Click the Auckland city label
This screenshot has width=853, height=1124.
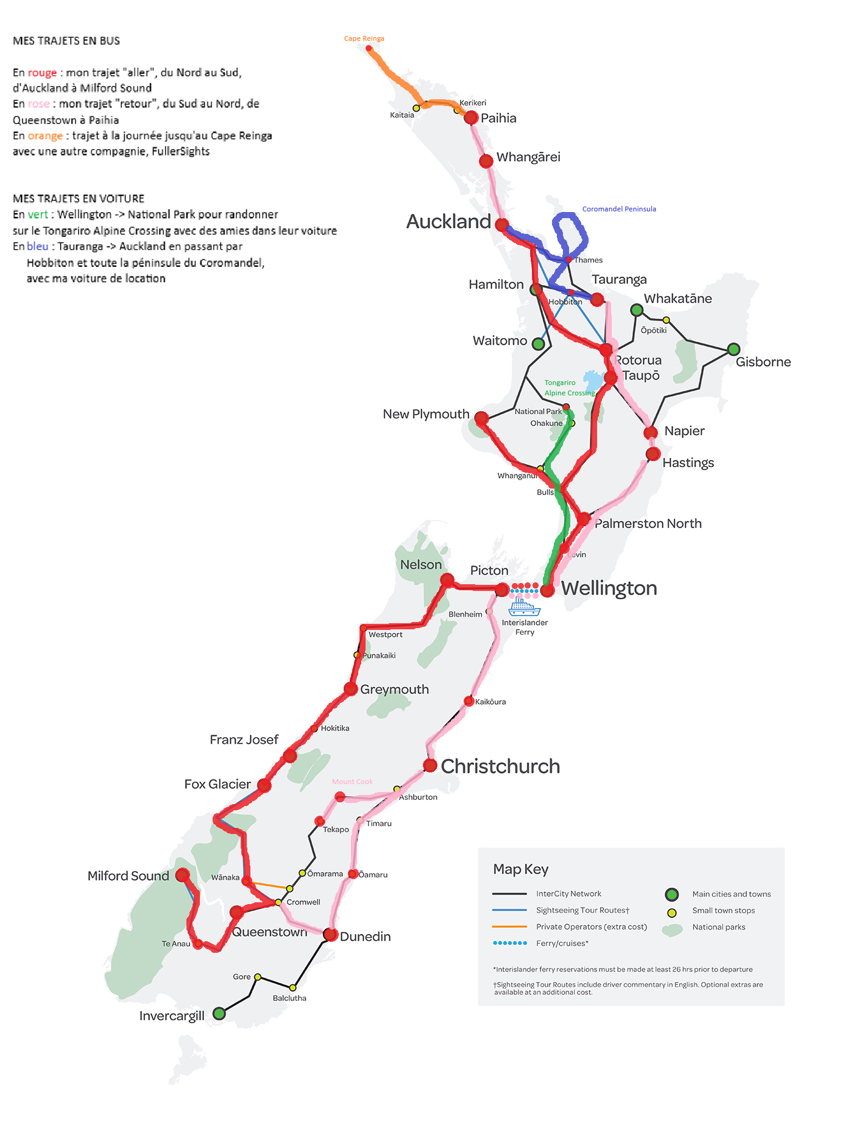pyautogui.click(x=448, y=222)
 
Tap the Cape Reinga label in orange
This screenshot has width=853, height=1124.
pyautogui.click(x=364, y=38)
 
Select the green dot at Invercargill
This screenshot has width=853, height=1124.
pyautogui.click(x=219, y=1014)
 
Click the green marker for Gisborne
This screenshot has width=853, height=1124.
pyautogui.click(x=734, y=349)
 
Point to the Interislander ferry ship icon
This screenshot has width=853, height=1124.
pyautogui.click(x=524, y=606)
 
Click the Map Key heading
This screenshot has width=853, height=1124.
pyautogui.click(x=520, y=869)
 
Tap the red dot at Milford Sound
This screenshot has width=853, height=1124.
pyautogui.click(x=182, y=875)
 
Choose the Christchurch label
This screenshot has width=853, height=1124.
pyautogui.click(x=500, y=766)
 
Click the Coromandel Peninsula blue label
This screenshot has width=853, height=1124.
pyautogui.click(x=619, y=209)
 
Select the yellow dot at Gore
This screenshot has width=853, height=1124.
pyautogui.click(x=258, y=977)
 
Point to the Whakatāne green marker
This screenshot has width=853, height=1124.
pyautogui.click(x=637, y=310)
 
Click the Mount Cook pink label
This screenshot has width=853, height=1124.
pyautogui.click(x=352, y=782)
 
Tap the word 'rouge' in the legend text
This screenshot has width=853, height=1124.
pyautogui.click(x=42, y=72)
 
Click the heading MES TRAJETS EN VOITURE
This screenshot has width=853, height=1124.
pyautogui.click(x=79, y=199)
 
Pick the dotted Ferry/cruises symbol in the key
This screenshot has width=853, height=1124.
pyautogui.click(x=509, y=943)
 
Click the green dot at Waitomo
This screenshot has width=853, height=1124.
pyautogui.click(x=538, y=344)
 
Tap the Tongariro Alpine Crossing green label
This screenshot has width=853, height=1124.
pyautogui.click(x=568, y=388)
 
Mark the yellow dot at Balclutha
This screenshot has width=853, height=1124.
pyautogui.click(x=293, y=988)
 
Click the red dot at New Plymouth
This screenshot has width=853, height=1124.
pyautogui.click(x=481, y=418)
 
